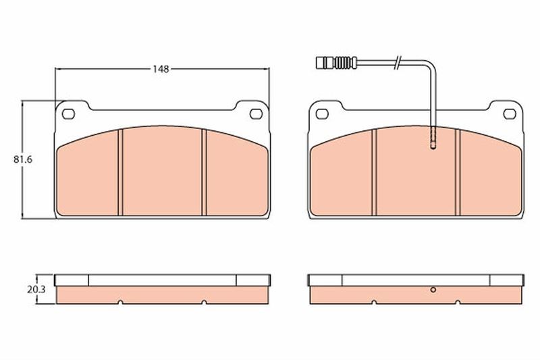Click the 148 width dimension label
pyautogui.click(x=161, y=70)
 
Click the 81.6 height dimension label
pyautogui.click(x=23, y=159)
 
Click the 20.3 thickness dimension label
pyautogui.click(x=36, y=290)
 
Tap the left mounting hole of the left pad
pyautogui.click(x=68, y=113)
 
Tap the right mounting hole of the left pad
pyautogui.click(x=256, y=113)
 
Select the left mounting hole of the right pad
pyautogui.click(x=322, y=113)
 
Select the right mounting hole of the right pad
pyautogui.click(x=510, y=113)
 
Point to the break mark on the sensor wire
pyautogui.click(x=398, y=62)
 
